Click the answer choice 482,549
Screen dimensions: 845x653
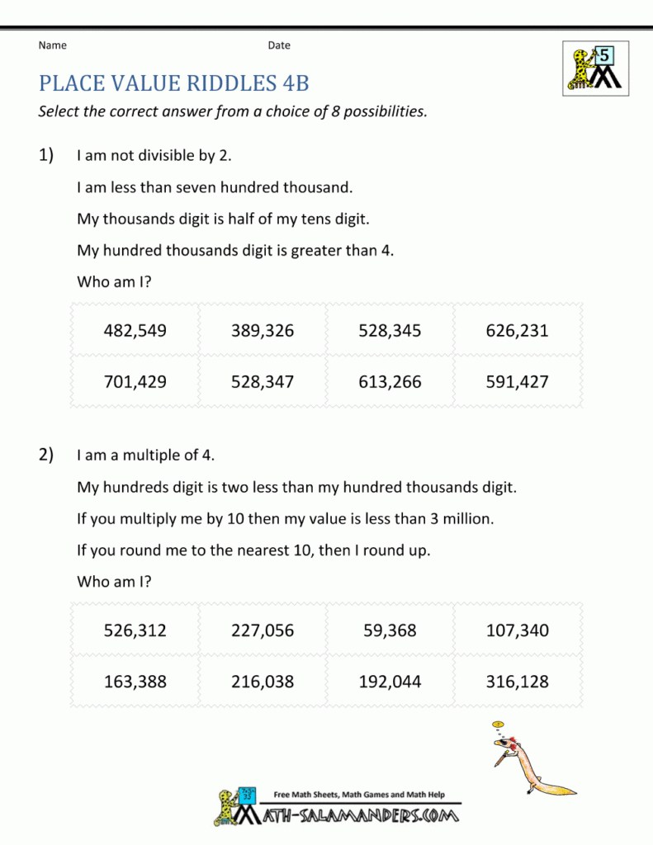click(135, 331)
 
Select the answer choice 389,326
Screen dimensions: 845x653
click(263, 331)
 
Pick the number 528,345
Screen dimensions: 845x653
click(390, 331)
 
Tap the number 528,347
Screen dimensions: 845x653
click(263, 382)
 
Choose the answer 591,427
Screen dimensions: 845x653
click(518, 382)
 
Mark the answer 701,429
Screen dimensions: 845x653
click(135, 382)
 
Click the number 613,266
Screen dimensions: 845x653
click(390, 382)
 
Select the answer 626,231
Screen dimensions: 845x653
click(518, 331)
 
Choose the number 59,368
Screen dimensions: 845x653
click(390, 631)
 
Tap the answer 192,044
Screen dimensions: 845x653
click(390, 682)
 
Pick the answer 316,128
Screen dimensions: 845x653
click(518, 682)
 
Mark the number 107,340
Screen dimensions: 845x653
click(518, 631)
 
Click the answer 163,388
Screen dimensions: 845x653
click(135, 682)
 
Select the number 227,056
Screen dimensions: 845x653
click(263, 631)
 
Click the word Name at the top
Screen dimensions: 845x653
click(53, 45)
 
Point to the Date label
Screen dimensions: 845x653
click(279, 45)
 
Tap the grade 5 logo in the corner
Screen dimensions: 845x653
click(594, 68)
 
